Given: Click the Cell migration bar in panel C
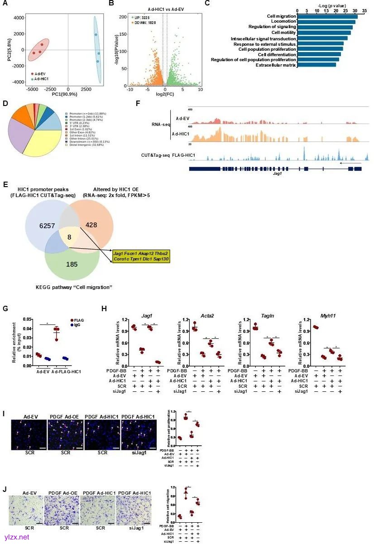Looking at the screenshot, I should point(327,17).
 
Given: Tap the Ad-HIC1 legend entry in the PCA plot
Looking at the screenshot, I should point(42,79).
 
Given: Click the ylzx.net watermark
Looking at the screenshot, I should point(16,537).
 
